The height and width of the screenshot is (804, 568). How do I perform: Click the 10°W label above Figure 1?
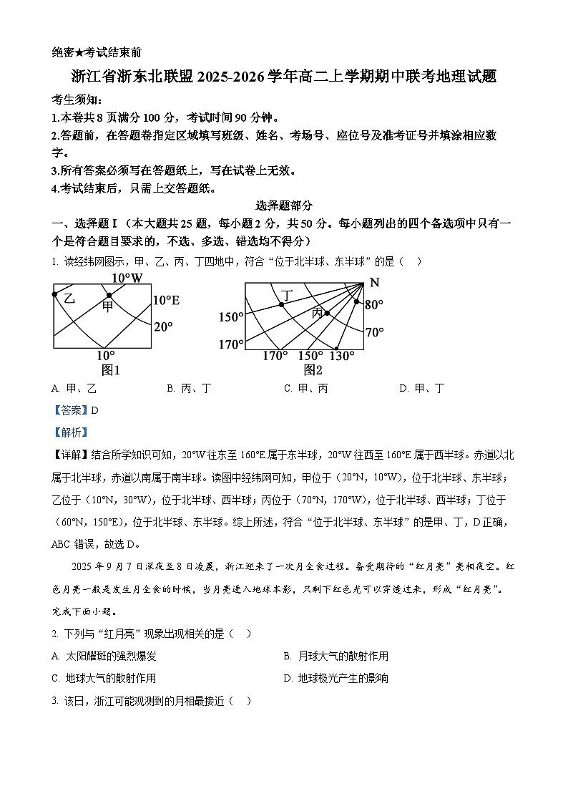coord(127,278)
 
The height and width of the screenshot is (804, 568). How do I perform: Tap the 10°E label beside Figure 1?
coord(166,301)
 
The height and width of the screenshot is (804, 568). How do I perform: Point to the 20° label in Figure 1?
coord(164,326)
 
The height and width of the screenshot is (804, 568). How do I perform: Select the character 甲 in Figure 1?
coord(107,307)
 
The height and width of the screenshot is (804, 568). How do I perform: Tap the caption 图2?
coord(313,370)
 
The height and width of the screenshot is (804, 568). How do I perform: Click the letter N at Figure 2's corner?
coord(374,282)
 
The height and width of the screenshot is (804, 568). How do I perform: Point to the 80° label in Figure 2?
coord(374,305)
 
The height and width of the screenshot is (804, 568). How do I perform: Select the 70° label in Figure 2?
coord(374,332)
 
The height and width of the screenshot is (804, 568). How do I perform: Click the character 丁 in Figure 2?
coord(288,294)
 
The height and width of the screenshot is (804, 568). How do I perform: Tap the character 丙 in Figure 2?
coord(317,313)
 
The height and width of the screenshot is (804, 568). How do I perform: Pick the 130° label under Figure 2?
coord(342,357)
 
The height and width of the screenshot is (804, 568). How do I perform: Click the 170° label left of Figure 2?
coord(230,345)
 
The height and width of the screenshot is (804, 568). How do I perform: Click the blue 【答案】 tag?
coord(68,410)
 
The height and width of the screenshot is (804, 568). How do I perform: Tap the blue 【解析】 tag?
coord(68,432)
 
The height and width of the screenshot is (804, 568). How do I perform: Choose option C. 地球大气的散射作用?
coord(104,678)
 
